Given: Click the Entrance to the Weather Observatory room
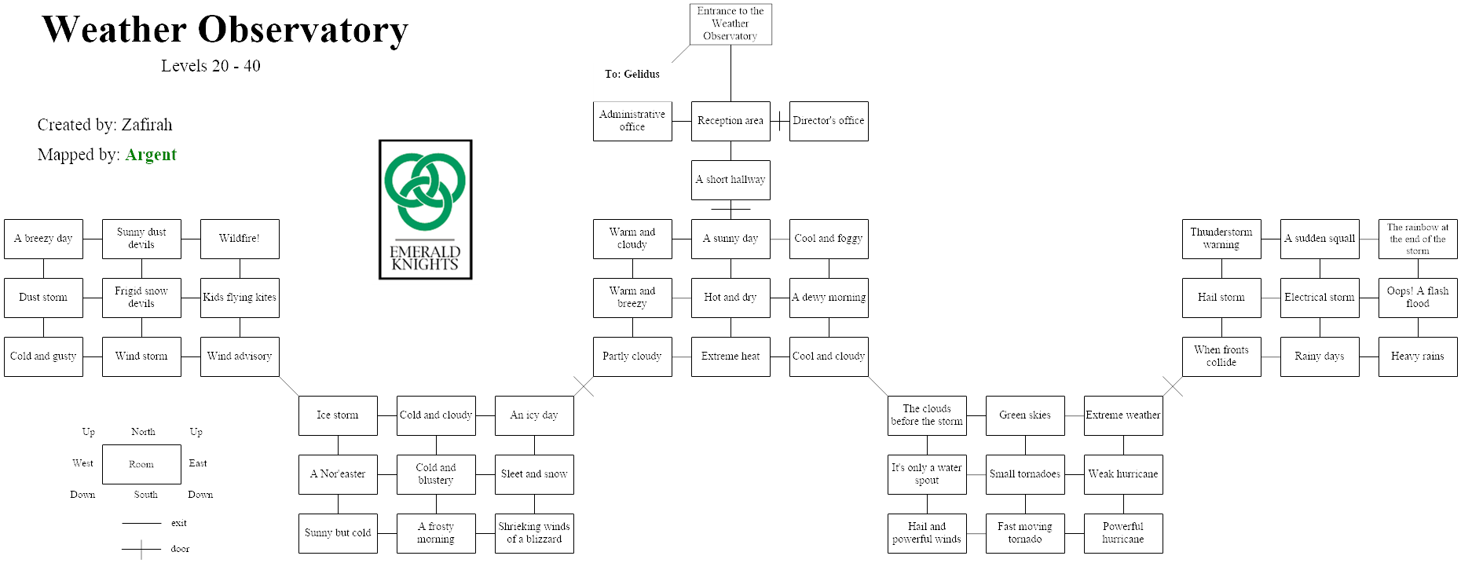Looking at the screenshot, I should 730,24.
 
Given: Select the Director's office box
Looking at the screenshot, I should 829,121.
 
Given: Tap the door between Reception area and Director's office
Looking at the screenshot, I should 779,121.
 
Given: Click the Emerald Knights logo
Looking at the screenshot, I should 426,210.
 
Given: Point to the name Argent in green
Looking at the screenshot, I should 151,155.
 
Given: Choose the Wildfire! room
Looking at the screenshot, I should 240,239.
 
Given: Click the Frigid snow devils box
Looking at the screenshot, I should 141,298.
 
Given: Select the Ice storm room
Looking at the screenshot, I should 338,415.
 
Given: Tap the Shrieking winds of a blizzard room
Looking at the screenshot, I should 534,533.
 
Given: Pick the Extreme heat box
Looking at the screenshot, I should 730,356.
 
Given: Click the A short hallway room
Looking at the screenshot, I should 730,180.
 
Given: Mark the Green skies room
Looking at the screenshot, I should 1025,415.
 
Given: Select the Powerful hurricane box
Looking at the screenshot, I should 1123,533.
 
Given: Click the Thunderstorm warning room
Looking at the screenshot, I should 1221,239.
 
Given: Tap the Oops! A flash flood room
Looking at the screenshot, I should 1418,298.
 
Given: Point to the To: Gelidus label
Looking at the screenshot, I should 632,75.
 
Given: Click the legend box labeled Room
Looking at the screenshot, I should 141,464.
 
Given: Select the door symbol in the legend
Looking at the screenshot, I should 141,550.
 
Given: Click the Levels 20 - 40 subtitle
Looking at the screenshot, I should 211,66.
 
